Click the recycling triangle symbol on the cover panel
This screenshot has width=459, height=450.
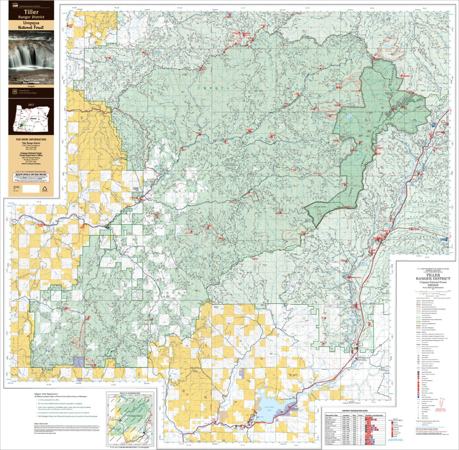(x=46, y=188)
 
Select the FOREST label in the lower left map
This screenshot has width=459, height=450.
(x=165, y=292)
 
